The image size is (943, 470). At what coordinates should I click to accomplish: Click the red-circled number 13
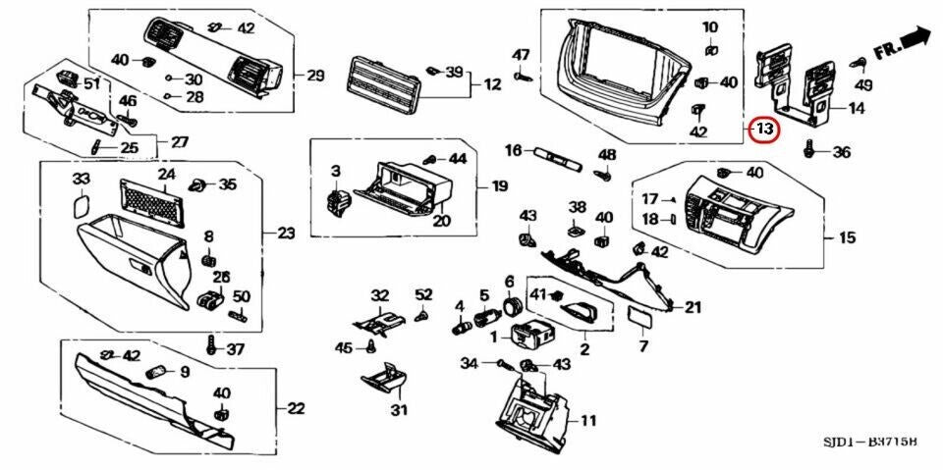pyautogui.click(x=763, y=129)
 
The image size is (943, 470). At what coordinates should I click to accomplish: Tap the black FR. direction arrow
pyautogui.click(x=915, y=40)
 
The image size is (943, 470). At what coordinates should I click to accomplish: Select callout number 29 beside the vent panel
pyautogui.click(x=314, y=76)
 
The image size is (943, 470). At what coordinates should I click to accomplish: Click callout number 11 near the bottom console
pyautogui.click(x=588, y=421)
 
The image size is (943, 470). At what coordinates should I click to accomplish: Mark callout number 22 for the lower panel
pyautogui.click(x=296, y=407)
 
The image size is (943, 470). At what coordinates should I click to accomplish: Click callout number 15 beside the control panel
pyautogui.click(x=847, y=236)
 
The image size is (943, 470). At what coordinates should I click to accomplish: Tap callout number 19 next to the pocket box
pyautogui.click(x=499, y=185)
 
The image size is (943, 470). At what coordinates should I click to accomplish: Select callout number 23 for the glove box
pyautogui.click(x=286, y=234)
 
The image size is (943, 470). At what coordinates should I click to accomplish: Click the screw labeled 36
pyautogui.click(x=809, y=151)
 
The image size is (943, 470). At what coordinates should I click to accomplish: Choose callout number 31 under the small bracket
pyautogui.click(x=398, y=410)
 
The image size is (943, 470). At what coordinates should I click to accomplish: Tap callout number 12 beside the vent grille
pyautogui.click(x=492, y=85)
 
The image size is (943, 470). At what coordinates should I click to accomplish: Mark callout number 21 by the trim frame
pyautogui.click(x=693, y=308)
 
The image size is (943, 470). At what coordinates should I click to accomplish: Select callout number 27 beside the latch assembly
pyautogui.click(x=179, y=142)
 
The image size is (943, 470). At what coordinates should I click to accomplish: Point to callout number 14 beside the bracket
pyautogui.click(x=857, y=109)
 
